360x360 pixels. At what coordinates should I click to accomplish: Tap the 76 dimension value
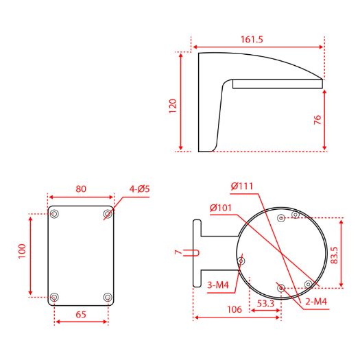[x=317, y=120]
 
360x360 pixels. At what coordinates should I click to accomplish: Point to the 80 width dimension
[x=80, y=189]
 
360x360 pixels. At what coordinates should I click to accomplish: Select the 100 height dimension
[x=21, y=252]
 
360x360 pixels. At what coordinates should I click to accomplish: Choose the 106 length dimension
[x=234, y=310]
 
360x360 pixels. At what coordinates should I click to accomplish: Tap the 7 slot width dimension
[x=178, y=252]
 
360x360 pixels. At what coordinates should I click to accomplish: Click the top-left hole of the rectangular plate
[x=54, y=215]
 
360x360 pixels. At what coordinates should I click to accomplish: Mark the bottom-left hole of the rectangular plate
[x=54, y=297]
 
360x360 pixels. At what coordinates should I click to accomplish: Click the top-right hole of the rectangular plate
[x=108, y=215]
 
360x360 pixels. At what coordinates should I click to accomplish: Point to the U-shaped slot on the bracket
[x=197, y=252]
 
